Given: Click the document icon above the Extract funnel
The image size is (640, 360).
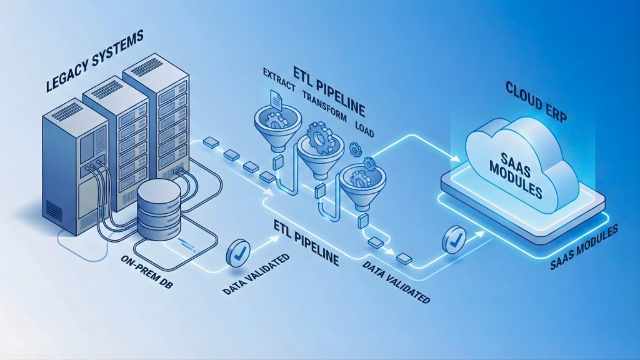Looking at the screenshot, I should (x=276, y=101).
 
